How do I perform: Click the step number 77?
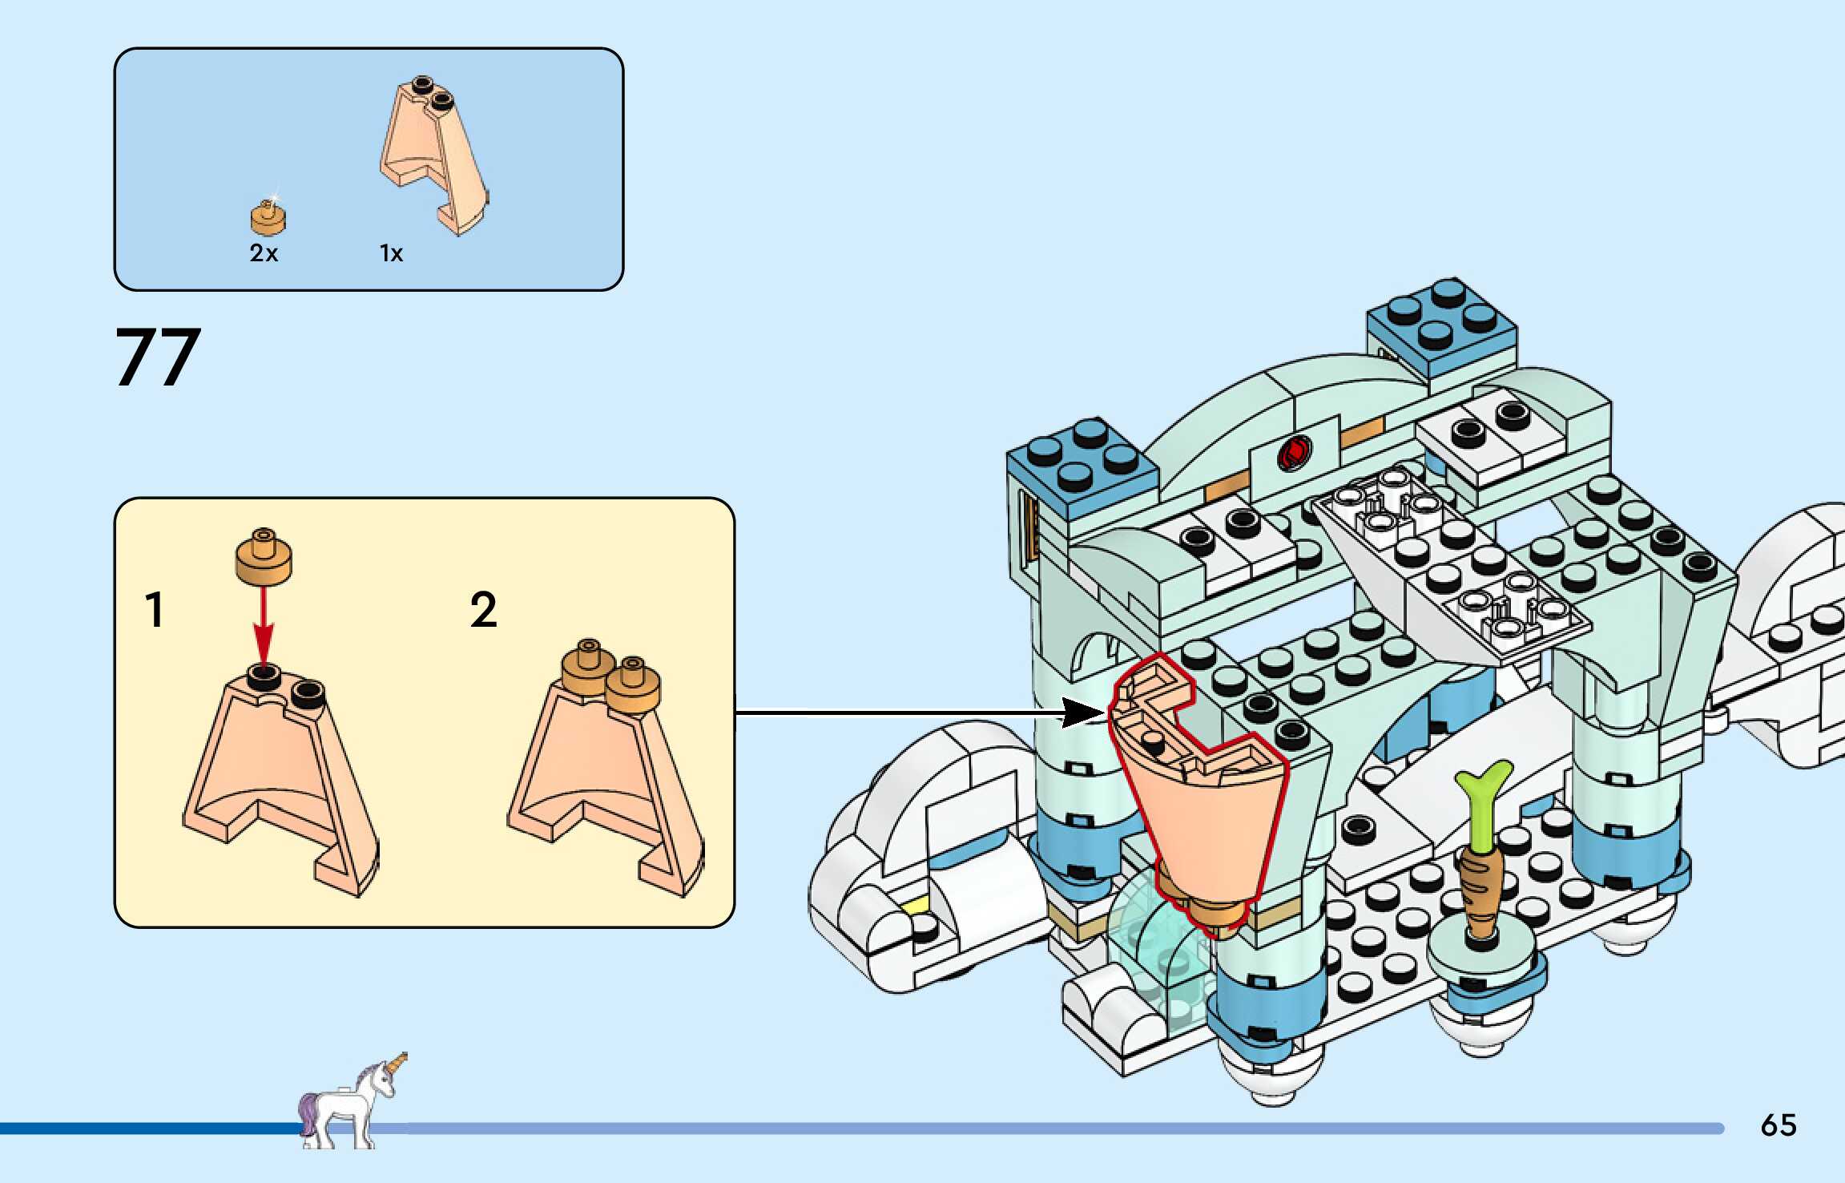point(158,357)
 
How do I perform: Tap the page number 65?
point(1779,1125)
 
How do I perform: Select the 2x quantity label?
point(264,253)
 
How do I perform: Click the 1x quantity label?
point(391,253)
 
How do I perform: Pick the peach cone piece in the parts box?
point(433,156)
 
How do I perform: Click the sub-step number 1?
point(155,610)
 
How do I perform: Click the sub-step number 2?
point(483,610)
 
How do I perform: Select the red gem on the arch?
point(1294,454)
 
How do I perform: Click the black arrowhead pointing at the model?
point(1082,712)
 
